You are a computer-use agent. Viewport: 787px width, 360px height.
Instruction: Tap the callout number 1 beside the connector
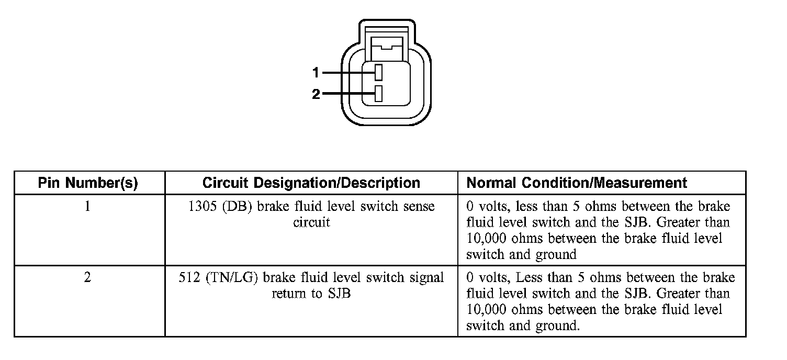click(x=316, y=72)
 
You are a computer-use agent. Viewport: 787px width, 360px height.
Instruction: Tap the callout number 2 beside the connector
click(x=316, y=95)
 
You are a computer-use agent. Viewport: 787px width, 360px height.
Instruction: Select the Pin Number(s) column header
click(x=88, y=183)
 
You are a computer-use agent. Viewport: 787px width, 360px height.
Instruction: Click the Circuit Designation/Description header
click(x=311, y=183)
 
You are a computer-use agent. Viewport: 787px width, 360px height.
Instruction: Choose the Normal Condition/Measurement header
click(x=576, y=183)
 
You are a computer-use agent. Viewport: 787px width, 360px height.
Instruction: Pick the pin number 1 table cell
click(x=87, y=206)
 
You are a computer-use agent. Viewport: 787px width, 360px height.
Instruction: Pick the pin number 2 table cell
click(x=87, y=277)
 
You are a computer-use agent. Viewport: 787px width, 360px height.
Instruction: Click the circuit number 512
click(x=189, y=277)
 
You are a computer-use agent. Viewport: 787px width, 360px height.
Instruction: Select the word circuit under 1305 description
click(x=311, y=222)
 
